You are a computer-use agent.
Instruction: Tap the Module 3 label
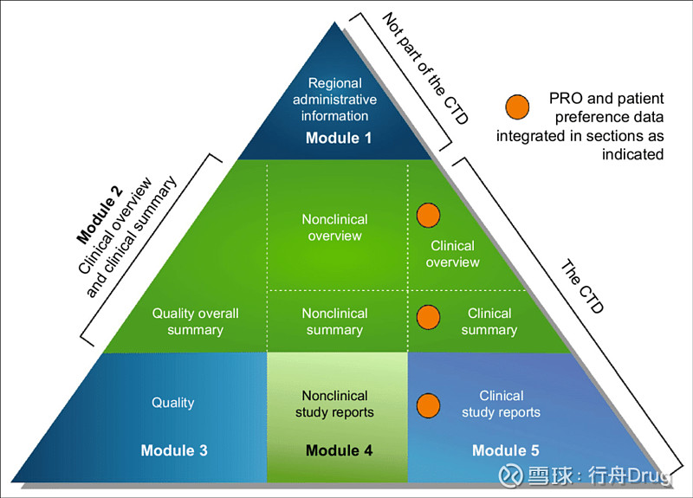coord(174,450)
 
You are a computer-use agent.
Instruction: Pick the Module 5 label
coord(505,450)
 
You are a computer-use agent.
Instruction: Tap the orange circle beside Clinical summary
coord(428,316)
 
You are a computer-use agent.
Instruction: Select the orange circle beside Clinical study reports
coord(428,404)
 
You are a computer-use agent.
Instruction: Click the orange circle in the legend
coord(516,107)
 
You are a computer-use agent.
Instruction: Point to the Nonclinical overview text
coord(334,227)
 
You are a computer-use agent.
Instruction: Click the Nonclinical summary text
coord(334,321)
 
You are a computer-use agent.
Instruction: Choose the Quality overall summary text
coord(195,321)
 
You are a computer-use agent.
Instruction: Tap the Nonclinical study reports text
coord(334,404)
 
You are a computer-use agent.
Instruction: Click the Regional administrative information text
coord(334,100)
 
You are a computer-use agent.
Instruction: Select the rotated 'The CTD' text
coord(581,287)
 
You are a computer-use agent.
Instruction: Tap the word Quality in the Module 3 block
coord(173,402)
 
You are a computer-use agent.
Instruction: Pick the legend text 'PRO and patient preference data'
coord(598,107)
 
